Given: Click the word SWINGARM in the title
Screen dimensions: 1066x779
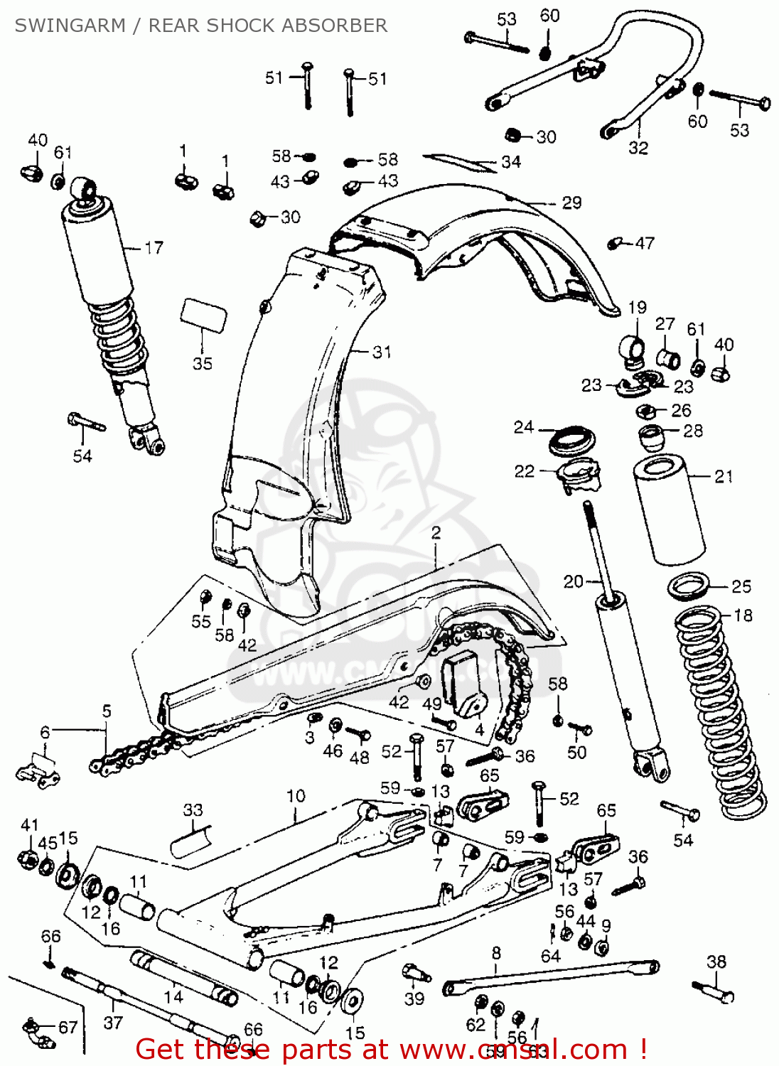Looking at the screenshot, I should (x=70, y=26).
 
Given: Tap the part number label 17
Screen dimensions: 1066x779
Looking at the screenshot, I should (x=154, y=248).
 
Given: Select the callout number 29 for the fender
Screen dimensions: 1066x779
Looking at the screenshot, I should (x=571, y=203).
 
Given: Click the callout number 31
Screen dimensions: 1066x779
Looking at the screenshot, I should (x=382, y=352).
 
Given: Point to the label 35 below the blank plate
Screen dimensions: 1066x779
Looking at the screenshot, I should (x=203, y=363).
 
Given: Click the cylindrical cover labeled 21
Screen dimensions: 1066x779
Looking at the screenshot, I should (x=670, y=512).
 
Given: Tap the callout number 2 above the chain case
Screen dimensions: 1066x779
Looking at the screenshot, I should (x=436, y=532).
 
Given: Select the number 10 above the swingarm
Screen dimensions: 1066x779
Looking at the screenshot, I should (x=296, y=796).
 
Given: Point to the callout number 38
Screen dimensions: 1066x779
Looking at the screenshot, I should (x=716, y=962).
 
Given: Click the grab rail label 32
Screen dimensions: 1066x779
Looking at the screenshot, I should (x=638, y=148).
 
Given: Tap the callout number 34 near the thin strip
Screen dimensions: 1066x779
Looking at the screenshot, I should (x=511, y=162).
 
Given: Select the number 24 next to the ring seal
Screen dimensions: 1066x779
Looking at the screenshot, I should (x=523, y=427).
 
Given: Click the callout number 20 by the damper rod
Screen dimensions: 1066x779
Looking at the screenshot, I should (x=573, y=582).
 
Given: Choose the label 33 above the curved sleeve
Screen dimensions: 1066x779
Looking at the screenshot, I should (x=193, y=810).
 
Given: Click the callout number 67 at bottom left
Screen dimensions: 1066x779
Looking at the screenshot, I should (x=68, y=1028).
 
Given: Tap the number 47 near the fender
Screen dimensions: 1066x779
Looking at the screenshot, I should (x=645, y=243).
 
